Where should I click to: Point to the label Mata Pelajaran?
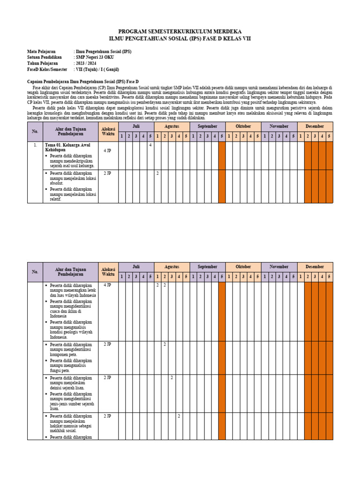coord(41,51)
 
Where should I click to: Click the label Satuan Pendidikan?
coord(45,57)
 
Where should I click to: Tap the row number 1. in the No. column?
coord(35,145)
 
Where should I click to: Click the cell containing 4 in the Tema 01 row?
coord(150,145)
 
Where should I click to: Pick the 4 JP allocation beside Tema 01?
coord(107,151)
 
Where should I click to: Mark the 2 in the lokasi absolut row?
coord(157,173)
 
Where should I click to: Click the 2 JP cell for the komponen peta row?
coord(107,345)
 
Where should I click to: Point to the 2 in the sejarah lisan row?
coord(172,377)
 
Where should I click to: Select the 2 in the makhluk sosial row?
coord(179,416)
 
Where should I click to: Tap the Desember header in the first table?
coord(315,126)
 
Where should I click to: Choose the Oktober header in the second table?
coord(243,267)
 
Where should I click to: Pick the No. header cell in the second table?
coord(35,272)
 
